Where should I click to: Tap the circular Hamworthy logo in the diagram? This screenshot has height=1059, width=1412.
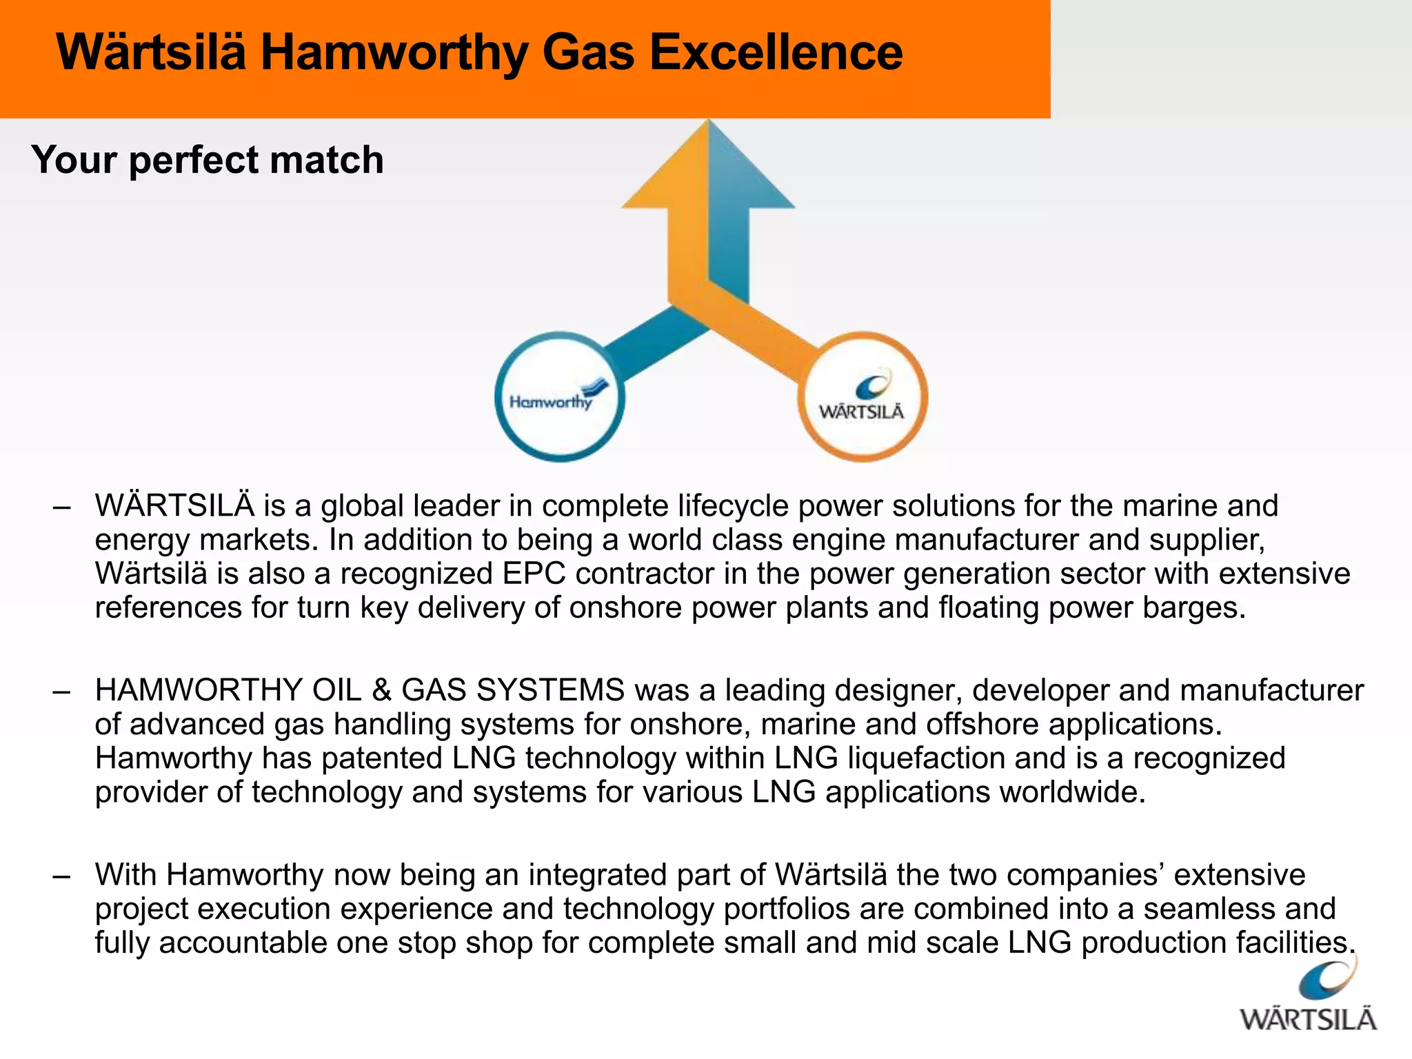tap(560, 397)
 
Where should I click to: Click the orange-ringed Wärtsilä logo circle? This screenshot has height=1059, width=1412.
tap(863, 397)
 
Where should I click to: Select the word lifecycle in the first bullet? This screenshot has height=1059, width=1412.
tap(733, 506)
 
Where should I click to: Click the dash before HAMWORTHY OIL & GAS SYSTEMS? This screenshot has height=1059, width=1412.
tap(62, 691)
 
